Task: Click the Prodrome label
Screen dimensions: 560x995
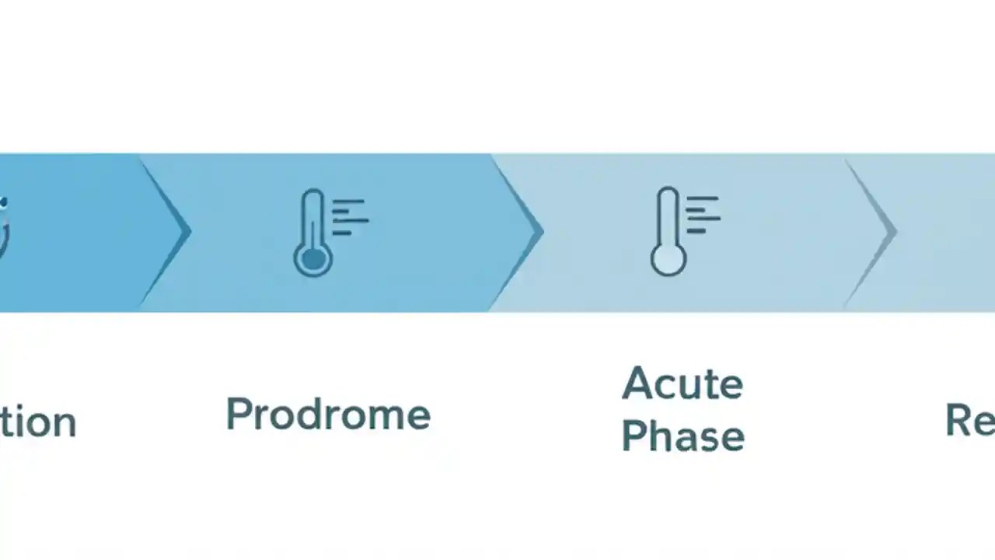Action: pyautogui.click(x=328, y=415)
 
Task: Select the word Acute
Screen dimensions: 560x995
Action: pyautogui.click(x=683, y=383)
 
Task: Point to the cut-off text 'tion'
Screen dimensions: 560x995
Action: pyautogui.click(x=37, y=422)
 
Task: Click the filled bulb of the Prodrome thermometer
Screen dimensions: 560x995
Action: pyautogui.click(x=312, y=259)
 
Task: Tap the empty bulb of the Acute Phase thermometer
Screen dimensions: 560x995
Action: pyautogui.click(x=668, y=258)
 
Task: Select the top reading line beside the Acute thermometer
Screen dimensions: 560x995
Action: pyautogui.click(x=704, y=199)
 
